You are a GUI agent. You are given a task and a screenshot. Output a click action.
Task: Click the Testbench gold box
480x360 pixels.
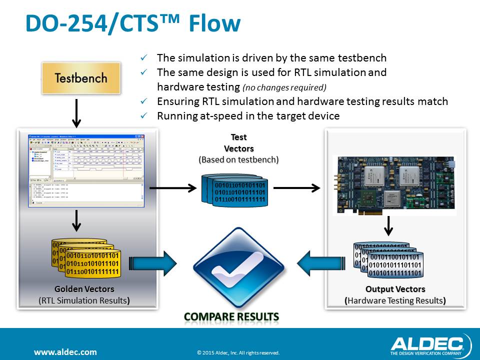click(81, 78)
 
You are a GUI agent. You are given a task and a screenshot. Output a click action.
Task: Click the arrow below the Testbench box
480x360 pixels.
click(75, 112)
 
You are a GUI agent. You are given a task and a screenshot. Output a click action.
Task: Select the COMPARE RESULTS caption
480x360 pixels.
click(231, 317)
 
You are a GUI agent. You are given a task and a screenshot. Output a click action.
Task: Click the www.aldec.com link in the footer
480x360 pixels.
click(65, 352)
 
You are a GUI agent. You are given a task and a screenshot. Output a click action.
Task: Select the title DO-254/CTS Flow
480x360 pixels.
click(133, 24)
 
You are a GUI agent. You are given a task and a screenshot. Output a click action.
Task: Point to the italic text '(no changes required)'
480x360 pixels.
click(284, 87)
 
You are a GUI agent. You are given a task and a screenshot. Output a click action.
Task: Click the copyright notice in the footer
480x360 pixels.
click(238, 352)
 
